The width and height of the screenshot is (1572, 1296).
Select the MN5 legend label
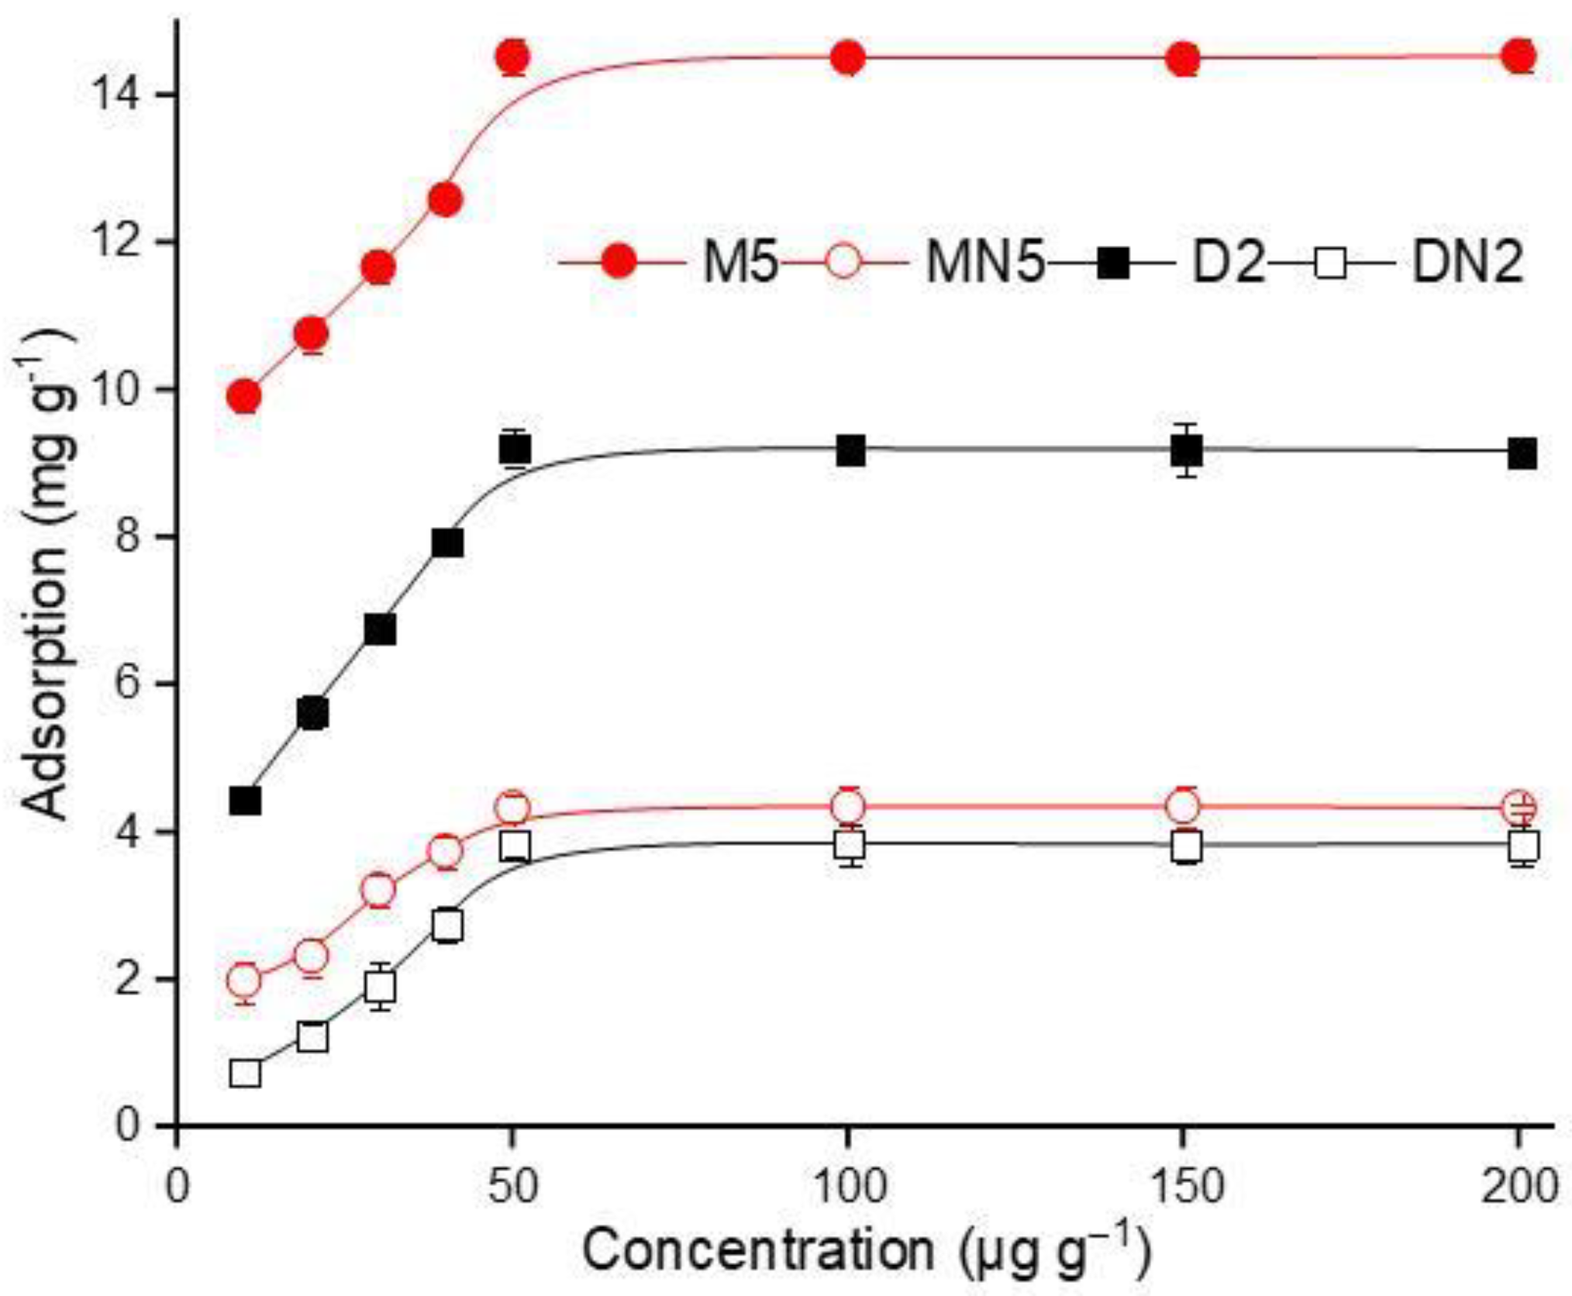(x=985, y=263)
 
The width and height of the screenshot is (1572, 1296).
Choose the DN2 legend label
(x=1467, y=263)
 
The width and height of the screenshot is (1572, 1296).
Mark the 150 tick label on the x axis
(x=1183, y=1186)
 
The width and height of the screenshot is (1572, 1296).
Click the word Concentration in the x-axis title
(x=758, y=1249)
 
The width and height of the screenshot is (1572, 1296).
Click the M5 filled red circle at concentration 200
(x=1520, y=56)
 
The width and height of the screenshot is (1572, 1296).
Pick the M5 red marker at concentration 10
(x=244, y=397)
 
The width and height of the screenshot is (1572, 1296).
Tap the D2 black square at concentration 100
(x=850, y=450)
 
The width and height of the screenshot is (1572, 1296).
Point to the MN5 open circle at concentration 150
(x=1183, y=807)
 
